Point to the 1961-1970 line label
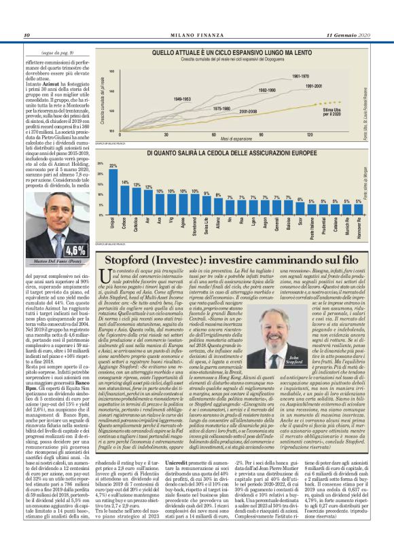(300, 77)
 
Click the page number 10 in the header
(27, 35)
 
